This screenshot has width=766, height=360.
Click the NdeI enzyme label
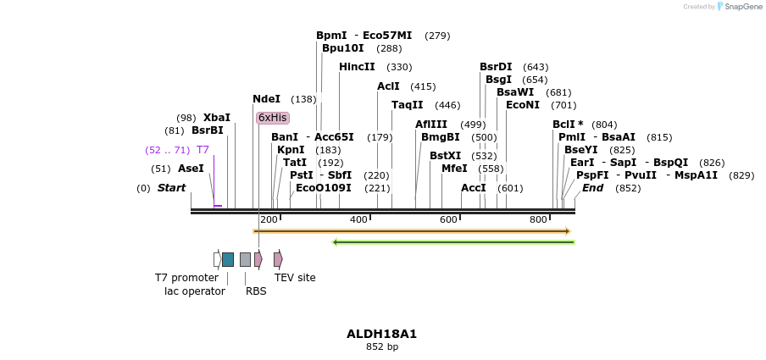266,99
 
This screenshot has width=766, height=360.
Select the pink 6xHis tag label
273,118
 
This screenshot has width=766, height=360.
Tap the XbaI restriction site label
216,118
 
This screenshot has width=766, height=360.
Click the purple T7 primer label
203,150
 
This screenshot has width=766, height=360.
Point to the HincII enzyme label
357,67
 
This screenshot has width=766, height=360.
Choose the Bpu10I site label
342,48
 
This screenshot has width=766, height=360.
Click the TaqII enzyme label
407,105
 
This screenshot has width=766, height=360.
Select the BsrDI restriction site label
496,67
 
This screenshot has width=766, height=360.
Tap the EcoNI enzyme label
522,105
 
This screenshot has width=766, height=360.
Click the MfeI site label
454,169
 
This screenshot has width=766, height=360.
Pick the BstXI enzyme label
445,156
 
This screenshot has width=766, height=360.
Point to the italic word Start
171,187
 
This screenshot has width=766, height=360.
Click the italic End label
592,187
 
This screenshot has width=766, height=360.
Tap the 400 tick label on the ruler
358,220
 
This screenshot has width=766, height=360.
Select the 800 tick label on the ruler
538,220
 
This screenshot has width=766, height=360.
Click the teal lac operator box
228,259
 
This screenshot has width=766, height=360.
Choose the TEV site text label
295,277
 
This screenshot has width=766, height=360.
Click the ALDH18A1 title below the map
381,334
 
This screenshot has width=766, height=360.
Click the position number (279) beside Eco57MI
437,36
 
